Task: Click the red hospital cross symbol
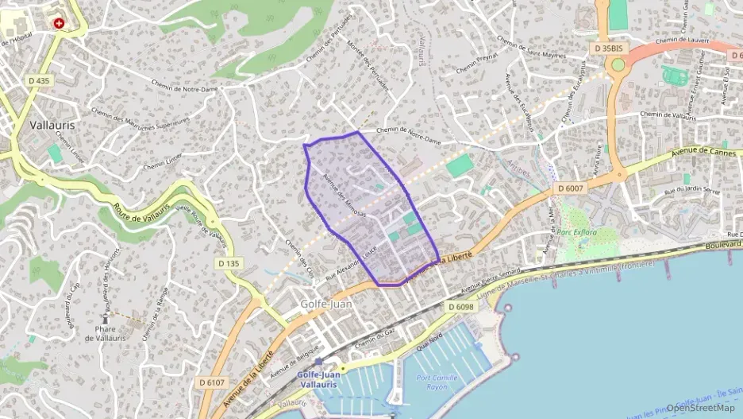click(58, 23)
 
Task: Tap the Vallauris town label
click(52, 125)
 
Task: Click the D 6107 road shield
click(212, 382)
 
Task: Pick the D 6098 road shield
click(460, 306)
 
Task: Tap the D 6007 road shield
click(569, 188)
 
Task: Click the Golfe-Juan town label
click(326, 304)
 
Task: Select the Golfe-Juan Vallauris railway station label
click(317, 379)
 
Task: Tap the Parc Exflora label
click(577, 232)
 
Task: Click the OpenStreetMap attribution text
click(700, 408)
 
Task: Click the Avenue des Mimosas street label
click(345, 196)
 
